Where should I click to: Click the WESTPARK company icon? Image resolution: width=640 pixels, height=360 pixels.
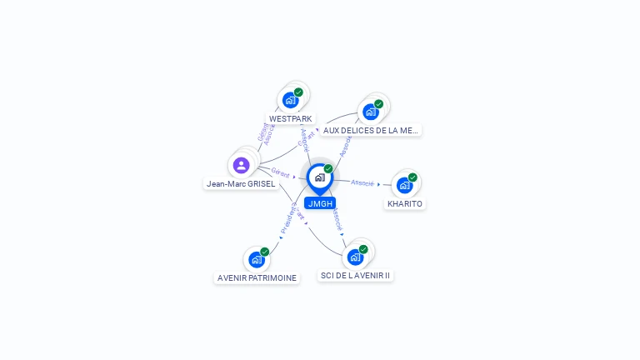[290, 100]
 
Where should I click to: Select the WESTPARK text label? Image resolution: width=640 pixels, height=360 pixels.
[291, 119]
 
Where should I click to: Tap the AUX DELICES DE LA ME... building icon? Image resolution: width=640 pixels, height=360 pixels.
[370, 112]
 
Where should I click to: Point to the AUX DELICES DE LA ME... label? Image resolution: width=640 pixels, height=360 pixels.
[371, 130]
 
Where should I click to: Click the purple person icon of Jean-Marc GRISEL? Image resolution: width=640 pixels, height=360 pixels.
[242, 165]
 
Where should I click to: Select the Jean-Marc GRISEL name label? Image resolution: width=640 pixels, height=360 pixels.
[241, 183]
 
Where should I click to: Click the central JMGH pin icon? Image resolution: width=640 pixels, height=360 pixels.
[319, 177]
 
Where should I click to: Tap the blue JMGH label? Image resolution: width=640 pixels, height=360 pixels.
[320, 203]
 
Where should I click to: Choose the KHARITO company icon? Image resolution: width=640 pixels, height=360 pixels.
[404, 185]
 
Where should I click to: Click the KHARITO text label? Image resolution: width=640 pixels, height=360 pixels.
[405, 203]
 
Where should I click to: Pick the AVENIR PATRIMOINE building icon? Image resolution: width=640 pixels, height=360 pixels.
[257, 259]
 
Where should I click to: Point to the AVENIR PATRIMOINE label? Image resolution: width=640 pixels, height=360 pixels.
[257, 277]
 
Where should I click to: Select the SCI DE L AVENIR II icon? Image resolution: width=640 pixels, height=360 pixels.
[355, 257]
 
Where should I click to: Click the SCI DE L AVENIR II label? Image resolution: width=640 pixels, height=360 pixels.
[356, 275]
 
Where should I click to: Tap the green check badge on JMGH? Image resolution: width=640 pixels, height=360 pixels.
[328, 169]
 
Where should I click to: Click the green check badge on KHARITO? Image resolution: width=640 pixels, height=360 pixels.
[412, 177]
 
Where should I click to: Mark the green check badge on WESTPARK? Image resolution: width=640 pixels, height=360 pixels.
[298, 92]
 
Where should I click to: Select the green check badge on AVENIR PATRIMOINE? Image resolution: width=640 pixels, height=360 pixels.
[265, 252]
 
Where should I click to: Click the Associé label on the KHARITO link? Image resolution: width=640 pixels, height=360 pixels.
[362, 182]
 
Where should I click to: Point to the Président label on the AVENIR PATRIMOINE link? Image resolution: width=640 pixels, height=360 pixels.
[287, 220]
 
